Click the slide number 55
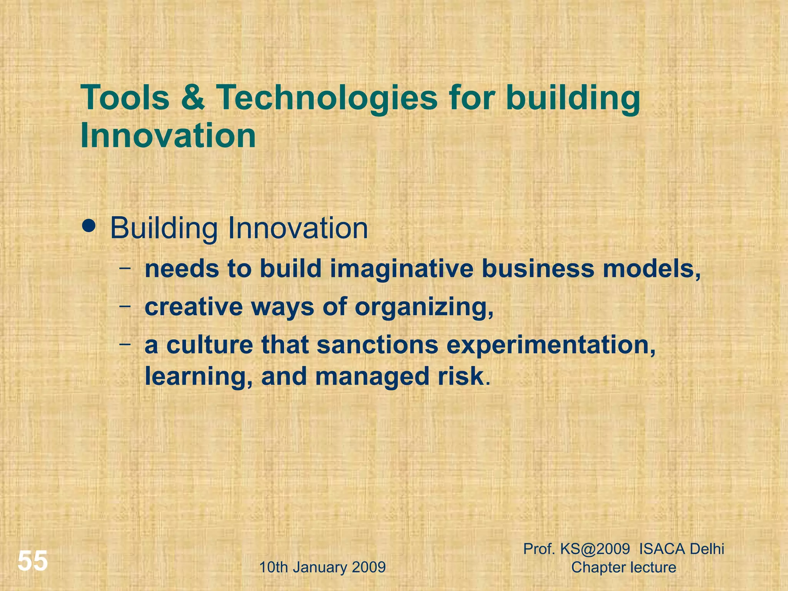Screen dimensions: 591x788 click(x=33, y=561)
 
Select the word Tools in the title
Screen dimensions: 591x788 click(x=125, y=98)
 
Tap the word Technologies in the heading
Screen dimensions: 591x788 click(x=327, y=98)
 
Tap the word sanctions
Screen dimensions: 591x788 click(x=377, y=345)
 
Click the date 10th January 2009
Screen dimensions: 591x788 click(x=322, y=567)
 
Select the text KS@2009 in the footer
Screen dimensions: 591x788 click(x=595, y=549)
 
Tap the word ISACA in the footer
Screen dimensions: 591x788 click(x=661, y=549)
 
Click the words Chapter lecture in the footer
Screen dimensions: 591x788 click(x=623, y=567)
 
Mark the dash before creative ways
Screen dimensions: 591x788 click(x=124, y=306)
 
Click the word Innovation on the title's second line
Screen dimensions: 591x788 click(x=168, y=136)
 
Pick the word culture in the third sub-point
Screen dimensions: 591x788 click(x=210, y=345)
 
